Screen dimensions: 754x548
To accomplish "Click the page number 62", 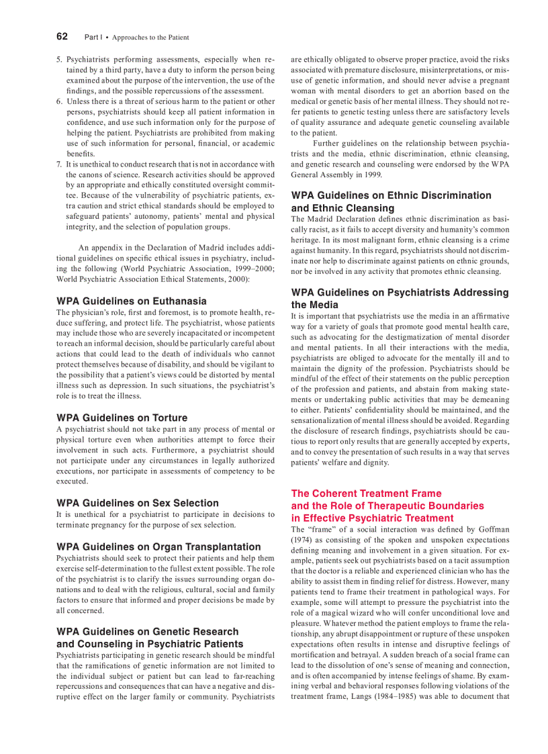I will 62,36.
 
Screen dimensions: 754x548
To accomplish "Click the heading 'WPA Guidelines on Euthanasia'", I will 132,301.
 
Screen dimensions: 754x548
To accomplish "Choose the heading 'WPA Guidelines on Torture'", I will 122,418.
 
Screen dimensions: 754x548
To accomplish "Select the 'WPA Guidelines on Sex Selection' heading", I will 138,503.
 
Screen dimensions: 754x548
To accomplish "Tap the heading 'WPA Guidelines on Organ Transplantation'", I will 158,547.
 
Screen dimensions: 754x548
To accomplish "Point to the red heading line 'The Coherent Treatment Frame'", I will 366,493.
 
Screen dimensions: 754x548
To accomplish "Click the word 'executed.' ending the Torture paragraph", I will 72,481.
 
